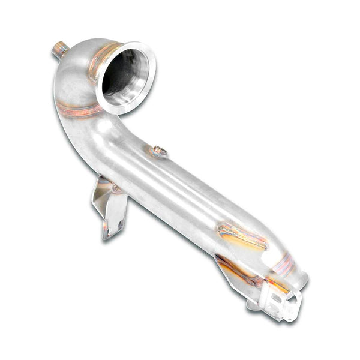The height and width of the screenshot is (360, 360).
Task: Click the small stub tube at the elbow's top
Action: point(59,49)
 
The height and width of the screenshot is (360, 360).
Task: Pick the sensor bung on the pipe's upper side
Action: point(159,152)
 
